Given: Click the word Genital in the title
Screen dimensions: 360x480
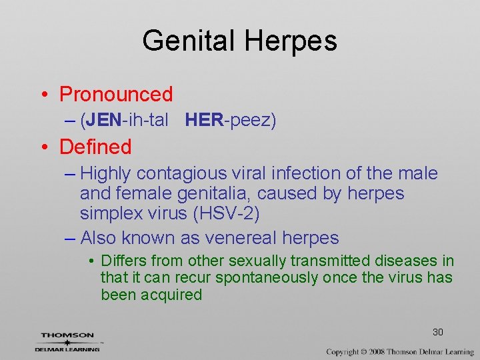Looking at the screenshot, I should pyautogui.click(x=189, y=41).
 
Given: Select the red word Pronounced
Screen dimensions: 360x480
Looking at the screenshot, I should pyautogui.click(x=116, y=95).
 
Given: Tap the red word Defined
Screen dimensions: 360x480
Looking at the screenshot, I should pyautogui.click(x=95, y=147).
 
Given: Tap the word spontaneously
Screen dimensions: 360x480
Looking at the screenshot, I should pyautogui.click(x=265, y=277).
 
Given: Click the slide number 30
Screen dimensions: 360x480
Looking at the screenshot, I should pyautogui.click(x=438, y=332).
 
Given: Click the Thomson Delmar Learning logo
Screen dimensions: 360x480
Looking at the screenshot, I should pyautogui.click(x=67, y=341).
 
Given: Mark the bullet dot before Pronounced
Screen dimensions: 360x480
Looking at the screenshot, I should pyautogui.click(x=44, y=95).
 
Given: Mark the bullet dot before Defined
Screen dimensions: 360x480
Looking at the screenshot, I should pyautogui.click(x=44, y=147).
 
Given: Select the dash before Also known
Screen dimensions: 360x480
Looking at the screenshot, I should pyautogui.click(x=71, y=238).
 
